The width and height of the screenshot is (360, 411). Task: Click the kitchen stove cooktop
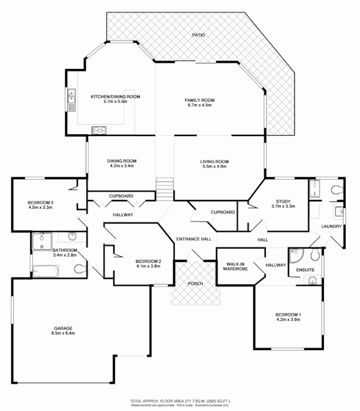tap(99, 130)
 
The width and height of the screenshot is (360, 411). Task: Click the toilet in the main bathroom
tap(79, 268)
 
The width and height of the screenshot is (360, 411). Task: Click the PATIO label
tap(199, 35)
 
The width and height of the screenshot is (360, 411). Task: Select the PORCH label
tap(195, 284)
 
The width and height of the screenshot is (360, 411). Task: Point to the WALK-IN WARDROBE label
tap(234, 268)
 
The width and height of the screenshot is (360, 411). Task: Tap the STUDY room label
tap(283, 201)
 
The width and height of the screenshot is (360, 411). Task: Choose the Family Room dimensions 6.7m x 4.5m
tap(200, 105)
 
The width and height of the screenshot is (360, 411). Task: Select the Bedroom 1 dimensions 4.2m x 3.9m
tap(287, 320)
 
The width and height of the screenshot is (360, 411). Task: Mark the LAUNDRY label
tap(332, 226)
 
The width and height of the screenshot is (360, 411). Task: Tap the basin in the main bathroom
tap(72, 237)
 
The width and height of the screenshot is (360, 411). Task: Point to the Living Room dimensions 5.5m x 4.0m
tap(214, 166)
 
